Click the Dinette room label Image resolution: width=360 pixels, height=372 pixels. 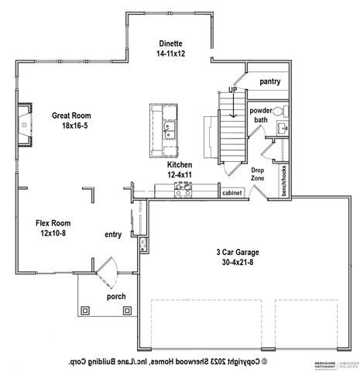tap(170, 50)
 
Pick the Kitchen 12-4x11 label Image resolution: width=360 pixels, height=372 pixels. tap(180, 170)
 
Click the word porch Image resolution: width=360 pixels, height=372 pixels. tap(117, 296)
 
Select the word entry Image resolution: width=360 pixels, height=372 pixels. tap(114, 233)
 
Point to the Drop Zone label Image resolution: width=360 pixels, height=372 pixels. tap(257, 175)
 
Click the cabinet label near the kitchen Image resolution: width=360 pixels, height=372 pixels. tap(232, 193)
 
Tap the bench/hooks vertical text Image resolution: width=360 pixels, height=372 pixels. tap(284, 180)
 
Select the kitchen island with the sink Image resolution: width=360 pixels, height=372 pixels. tap(165, 126)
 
